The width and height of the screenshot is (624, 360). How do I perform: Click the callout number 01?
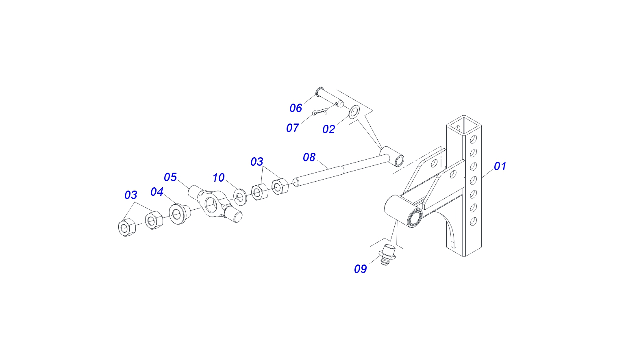[500, 166]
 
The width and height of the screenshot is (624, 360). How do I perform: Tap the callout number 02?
[328, 129]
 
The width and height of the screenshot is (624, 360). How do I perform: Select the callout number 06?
[296, 108]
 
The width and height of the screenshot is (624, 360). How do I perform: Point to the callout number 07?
[293, 128]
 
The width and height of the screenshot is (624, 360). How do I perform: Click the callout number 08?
[309, 157]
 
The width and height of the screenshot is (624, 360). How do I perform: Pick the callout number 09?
[360, 269]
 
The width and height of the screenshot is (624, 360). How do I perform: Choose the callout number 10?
[218, 178]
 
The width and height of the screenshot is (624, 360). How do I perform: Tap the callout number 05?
[170, 177]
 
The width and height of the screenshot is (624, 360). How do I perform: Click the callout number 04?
[157, 191]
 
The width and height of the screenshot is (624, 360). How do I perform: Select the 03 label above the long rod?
[257, 161]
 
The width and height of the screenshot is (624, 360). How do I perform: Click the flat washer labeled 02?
[354, 112]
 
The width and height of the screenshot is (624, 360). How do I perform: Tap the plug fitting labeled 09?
[387, 255]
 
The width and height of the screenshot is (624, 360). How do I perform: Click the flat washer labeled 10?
[240, 197]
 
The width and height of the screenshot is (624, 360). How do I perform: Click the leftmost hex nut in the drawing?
[126, 228]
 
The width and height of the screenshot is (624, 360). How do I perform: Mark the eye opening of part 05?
[211, 205]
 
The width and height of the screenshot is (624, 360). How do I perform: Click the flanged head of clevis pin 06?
[319, 91]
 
